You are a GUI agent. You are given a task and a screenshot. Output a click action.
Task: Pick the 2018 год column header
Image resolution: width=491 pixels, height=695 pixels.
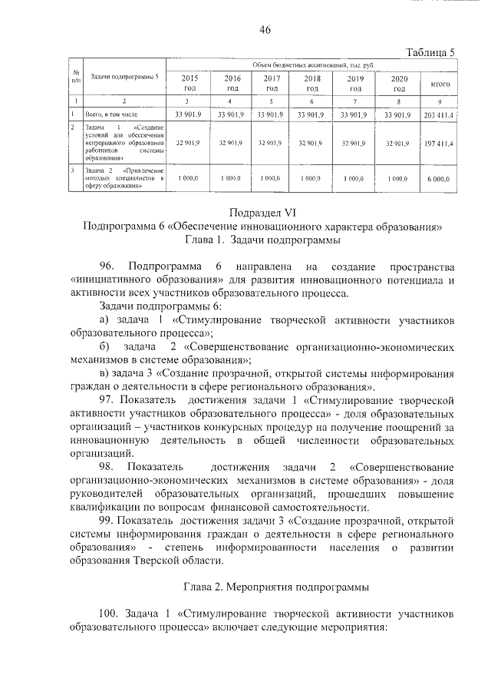click(x=311, y=83)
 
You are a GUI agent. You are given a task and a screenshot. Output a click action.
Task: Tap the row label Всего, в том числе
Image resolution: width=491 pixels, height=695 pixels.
click(x=113, y=114)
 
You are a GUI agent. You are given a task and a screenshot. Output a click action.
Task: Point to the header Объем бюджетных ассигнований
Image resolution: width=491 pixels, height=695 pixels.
click(x=311, y=66)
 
